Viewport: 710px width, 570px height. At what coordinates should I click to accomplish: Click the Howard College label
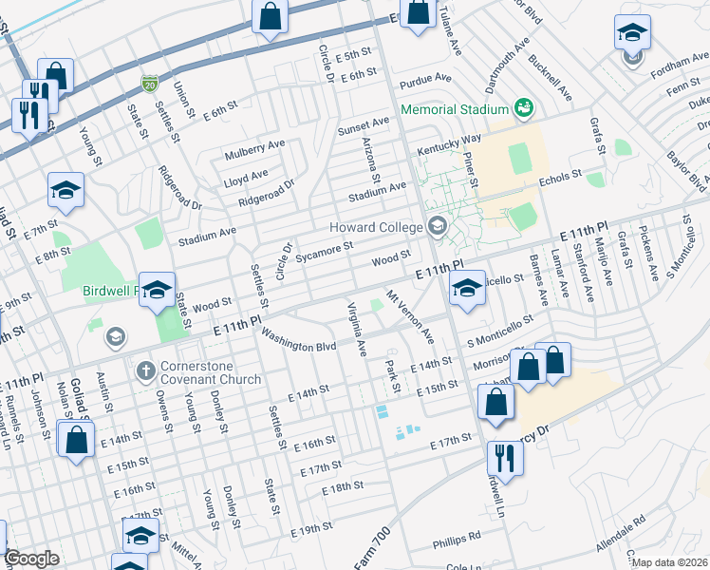(376, 227)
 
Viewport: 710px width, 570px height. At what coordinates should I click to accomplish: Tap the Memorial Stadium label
(455, 109)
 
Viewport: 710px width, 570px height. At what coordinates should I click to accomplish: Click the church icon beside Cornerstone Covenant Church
(145, 369)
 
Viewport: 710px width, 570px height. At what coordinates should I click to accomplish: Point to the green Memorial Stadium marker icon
(522, 109)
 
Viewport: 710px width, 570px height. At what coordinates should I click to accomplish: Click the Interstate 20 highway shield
(149, 85)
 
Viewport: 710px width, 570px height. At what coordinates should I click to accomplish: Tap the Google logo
(31, 559)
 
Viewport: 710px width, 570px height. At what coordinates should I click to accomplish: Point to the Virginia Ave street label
(357, 328)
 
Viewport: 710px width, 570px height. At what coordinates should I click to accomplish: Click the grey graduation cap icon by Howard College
(438, 225)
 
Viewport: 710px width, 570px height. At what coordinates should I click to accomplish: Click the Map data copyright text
(670, 562)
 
